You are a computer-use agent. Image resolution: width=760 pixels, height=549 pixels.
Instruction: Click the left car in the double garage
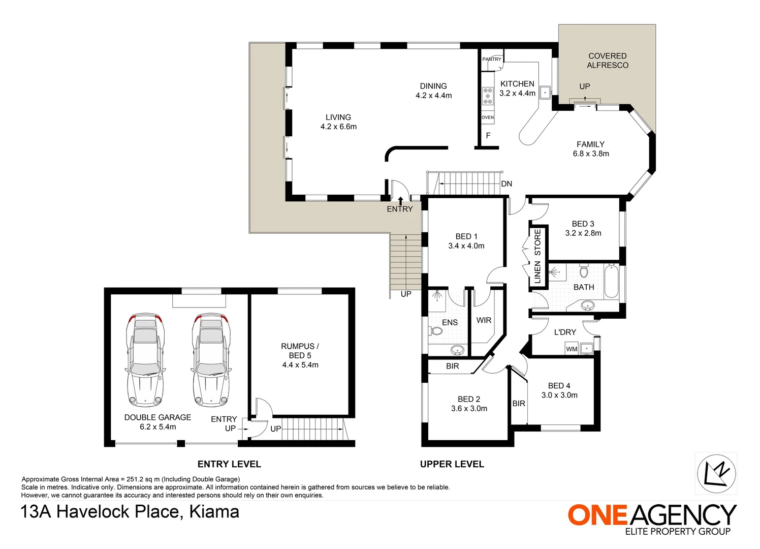tap(145, 359)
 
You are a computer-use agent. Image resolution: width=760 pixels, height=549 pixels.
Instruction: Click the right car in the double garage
tap(211, 359)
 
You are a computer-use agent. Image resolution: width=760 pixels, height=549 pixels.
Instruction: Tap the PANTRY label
tap(491, 59)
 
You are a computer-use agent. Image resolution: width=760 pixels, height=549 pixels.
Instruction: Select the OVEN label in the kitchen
tap(488, 117)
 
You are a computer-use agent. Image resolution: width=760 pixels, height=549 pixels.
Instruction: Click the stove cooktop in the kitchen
tap(488, 96)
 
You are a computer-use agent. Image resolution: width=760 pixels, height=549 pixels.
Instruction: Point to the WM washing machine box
tap(572, 349)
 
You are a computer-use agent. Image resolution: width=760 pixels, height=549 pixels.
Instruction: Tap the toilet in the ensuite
tap(436, 331)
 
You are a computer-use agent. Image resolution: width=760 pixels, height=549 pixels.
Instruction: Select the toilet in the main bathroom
tap(584, 270)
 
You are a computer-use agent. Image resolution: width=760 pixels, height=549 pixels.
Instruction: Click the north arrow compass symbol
tap(716, 473)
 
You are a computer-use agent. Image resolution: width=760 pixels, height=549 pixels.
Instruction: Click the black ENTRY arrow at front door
tap(400, 200)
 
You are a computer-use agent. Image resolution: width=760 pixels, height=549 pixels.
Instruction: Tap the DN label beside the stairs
tap(506, 184)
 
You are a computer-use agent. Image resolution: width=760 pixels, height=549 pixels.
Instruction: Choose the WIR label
tap(484, 320)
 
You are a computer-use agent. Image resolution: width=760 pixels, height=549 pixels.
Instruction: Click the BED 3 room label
tap(583, 224)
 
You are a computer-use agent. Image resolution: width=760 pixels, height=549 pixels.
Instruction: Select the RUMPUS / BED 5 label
tap(300, 351)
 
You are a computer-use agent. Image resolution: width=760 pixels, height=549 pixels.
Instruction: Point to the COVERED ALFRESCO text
tap(607, 60)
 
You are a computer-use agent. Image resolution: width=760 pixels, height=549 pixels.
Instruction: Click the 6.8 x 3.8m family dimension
tap(591, 154)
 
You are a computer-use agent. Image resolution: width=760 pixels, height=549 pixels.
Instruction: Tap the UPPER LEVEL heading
tap(452, 464)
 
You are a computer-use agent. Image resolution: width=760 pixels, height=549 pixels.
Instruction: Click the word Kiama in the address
tap(214, 511)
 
